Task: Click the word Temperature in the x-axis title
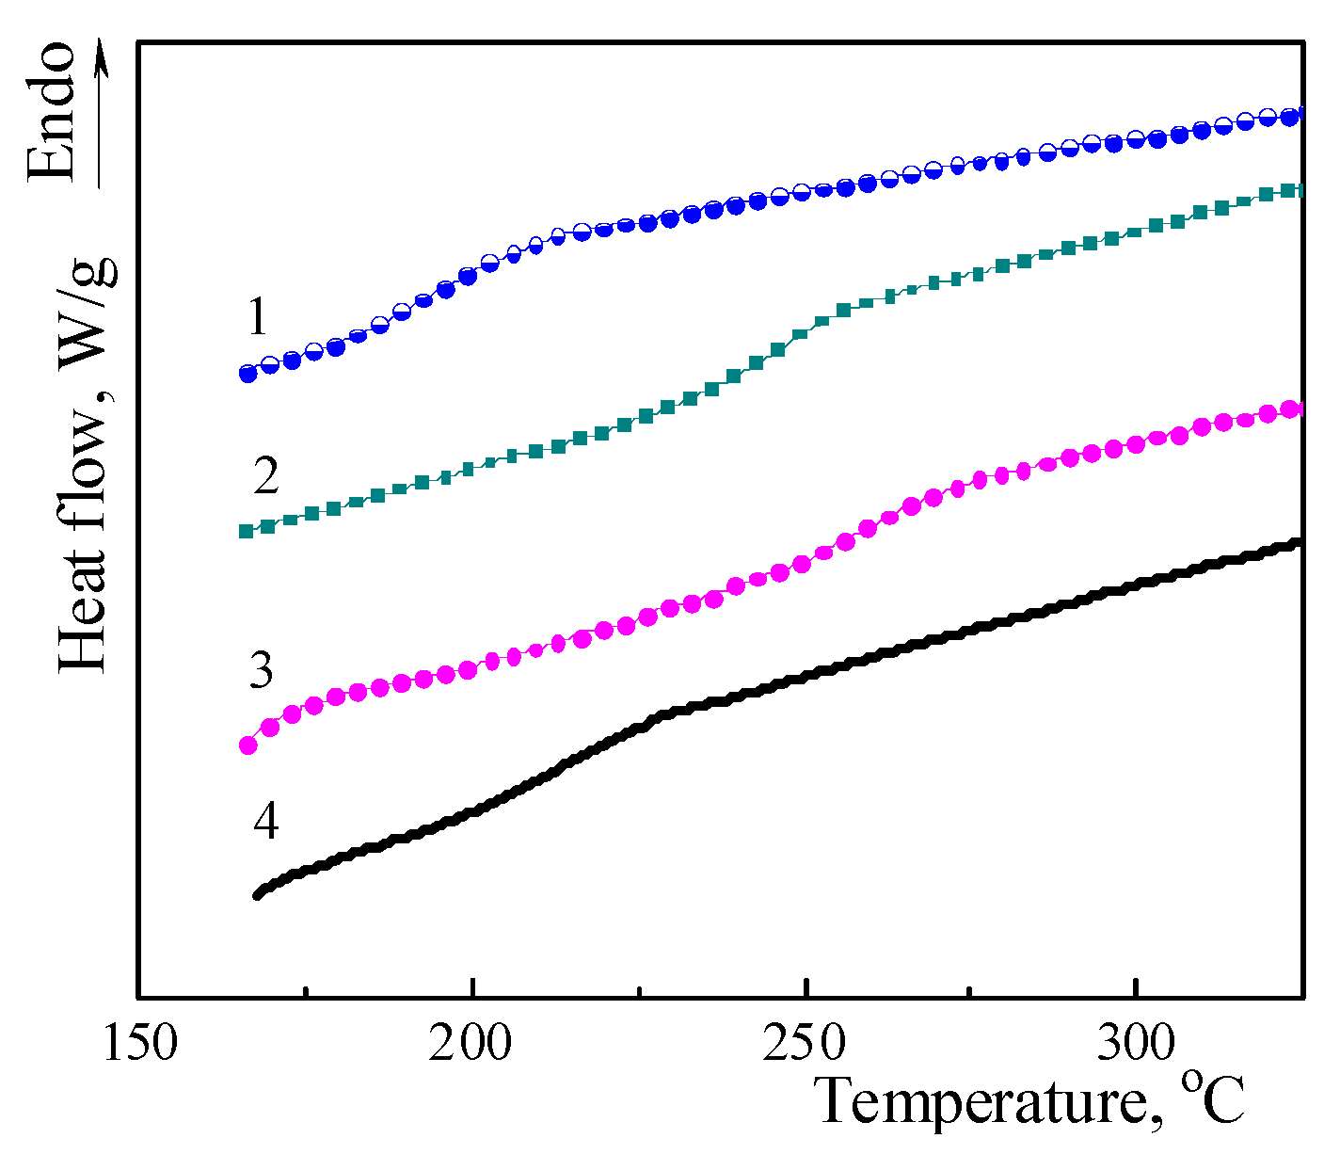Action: tap(980, 1101)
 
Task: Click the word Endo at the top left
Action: tap(51, 110)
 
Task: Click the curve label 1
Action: tap(258, 317)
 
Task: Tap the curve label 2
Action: tap(266, 476)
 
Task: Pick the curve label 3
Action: tap(261, 670)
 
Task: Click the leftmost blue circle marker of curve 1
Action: tap(248, 374)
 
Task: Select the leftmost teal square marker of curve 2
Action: tap(247, 531)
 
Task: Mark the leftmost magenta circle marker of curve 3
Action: tap(248, 745)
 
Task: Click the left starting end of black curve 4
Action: tap(257, 894)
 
